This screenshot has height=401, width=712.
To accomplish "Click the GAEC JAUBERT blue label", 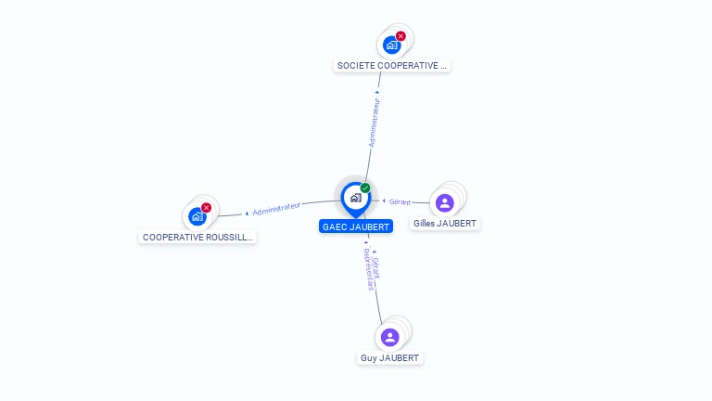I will [x=355, y=226].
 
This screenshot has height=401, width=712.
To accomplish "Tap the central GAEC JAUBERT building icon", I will [x=355, y=198].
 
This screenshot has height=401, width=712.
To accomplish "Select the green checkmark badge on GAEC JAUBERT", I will [x=365, y=188].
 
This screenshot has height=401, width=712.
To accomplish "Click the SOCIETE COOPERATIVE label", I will [x=392, y=66].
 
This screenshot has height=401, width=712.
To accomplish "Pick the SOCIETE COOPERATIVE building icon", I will [x=392, y=44].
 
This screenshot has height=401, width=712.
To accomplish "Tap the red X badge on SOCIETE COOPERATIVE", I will [x=400, y=36].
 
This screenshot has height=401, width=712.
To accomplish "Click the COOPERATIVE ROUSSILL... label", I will [x=197, y=237].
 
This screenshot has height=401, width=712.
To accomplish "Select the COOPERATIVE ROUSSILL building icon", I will [x=197, y=216].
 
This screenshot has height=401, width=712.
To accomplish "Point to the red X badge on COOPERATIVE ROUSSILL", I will [x=206, y=208].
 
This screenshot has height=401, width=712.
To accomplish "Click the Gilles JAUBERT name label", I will [x=445, y=224].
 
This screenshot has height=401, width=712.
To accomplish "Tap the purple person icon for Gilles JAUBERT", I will [x=445, y=202].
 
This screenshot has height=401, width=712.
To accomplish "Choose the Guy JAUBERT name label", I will [x=390, y=358].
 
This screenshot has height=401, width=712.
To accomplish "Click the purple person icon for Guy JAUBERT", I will [x=390, y=337].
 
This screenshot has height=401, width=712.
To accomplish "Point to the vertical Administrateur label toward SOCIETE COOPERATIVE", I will [x=375, y=124].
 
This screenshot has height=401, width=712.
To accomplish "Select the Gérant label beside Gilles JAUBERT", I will [x=400, y=201].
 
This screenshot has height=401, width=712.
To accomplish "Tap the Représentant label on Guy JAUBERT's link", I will [x=368, y=270].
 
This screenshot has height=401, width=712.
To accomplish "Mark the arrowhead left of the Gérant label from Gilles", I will [x=385, y=200].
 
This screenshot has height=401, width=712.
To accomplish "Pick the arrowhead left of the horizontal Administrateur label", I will [x=247, y=213].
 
